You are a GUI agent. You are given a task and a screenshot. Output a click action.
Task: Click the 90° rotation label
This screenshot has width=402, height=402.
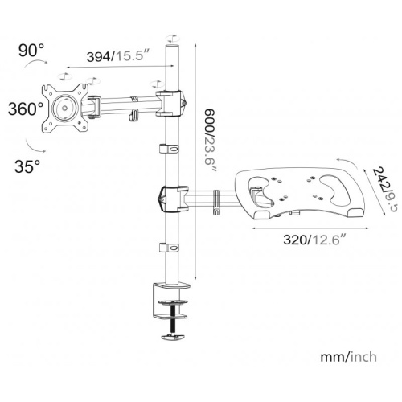pyautogui.click(x=31, y=51)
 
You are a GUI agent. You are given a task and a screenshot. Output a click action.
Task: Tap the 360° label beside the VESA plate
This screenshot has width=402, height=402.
pyautogui.click(x=26, y=109)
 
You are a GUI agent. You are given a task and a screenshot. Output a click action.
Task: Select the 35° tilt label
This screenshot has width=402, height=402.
pyautogui.click(x=27, y=166)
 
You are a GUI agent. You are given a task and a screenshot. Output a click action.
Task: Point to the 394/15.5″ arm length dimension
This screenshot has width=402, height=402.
pyautogui.click(x=117, y=56)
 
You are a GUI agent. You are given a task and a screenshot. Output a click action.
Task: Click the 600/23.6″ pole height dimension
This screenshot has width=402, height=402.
pyautogui.click(x=209, y=141)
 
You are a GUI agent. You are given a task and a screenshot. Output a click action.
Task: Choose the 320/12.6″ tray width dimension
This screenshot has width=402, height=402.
pyautogui.click(x=314, y=240)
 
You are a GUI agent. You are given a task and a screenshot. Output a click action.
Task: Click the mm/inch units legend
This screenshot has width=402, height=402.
pyautogui.click(x=348, y=357)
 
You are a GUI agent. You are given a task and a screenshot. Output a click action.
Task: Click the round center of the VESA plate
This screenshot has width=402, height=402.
pyautogui.click(x=64, y=108)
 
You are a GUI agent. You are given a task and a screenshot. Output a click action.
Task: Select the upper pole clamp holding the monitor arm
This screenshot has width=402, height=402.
pyautogui.click(x=170, y=104)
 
